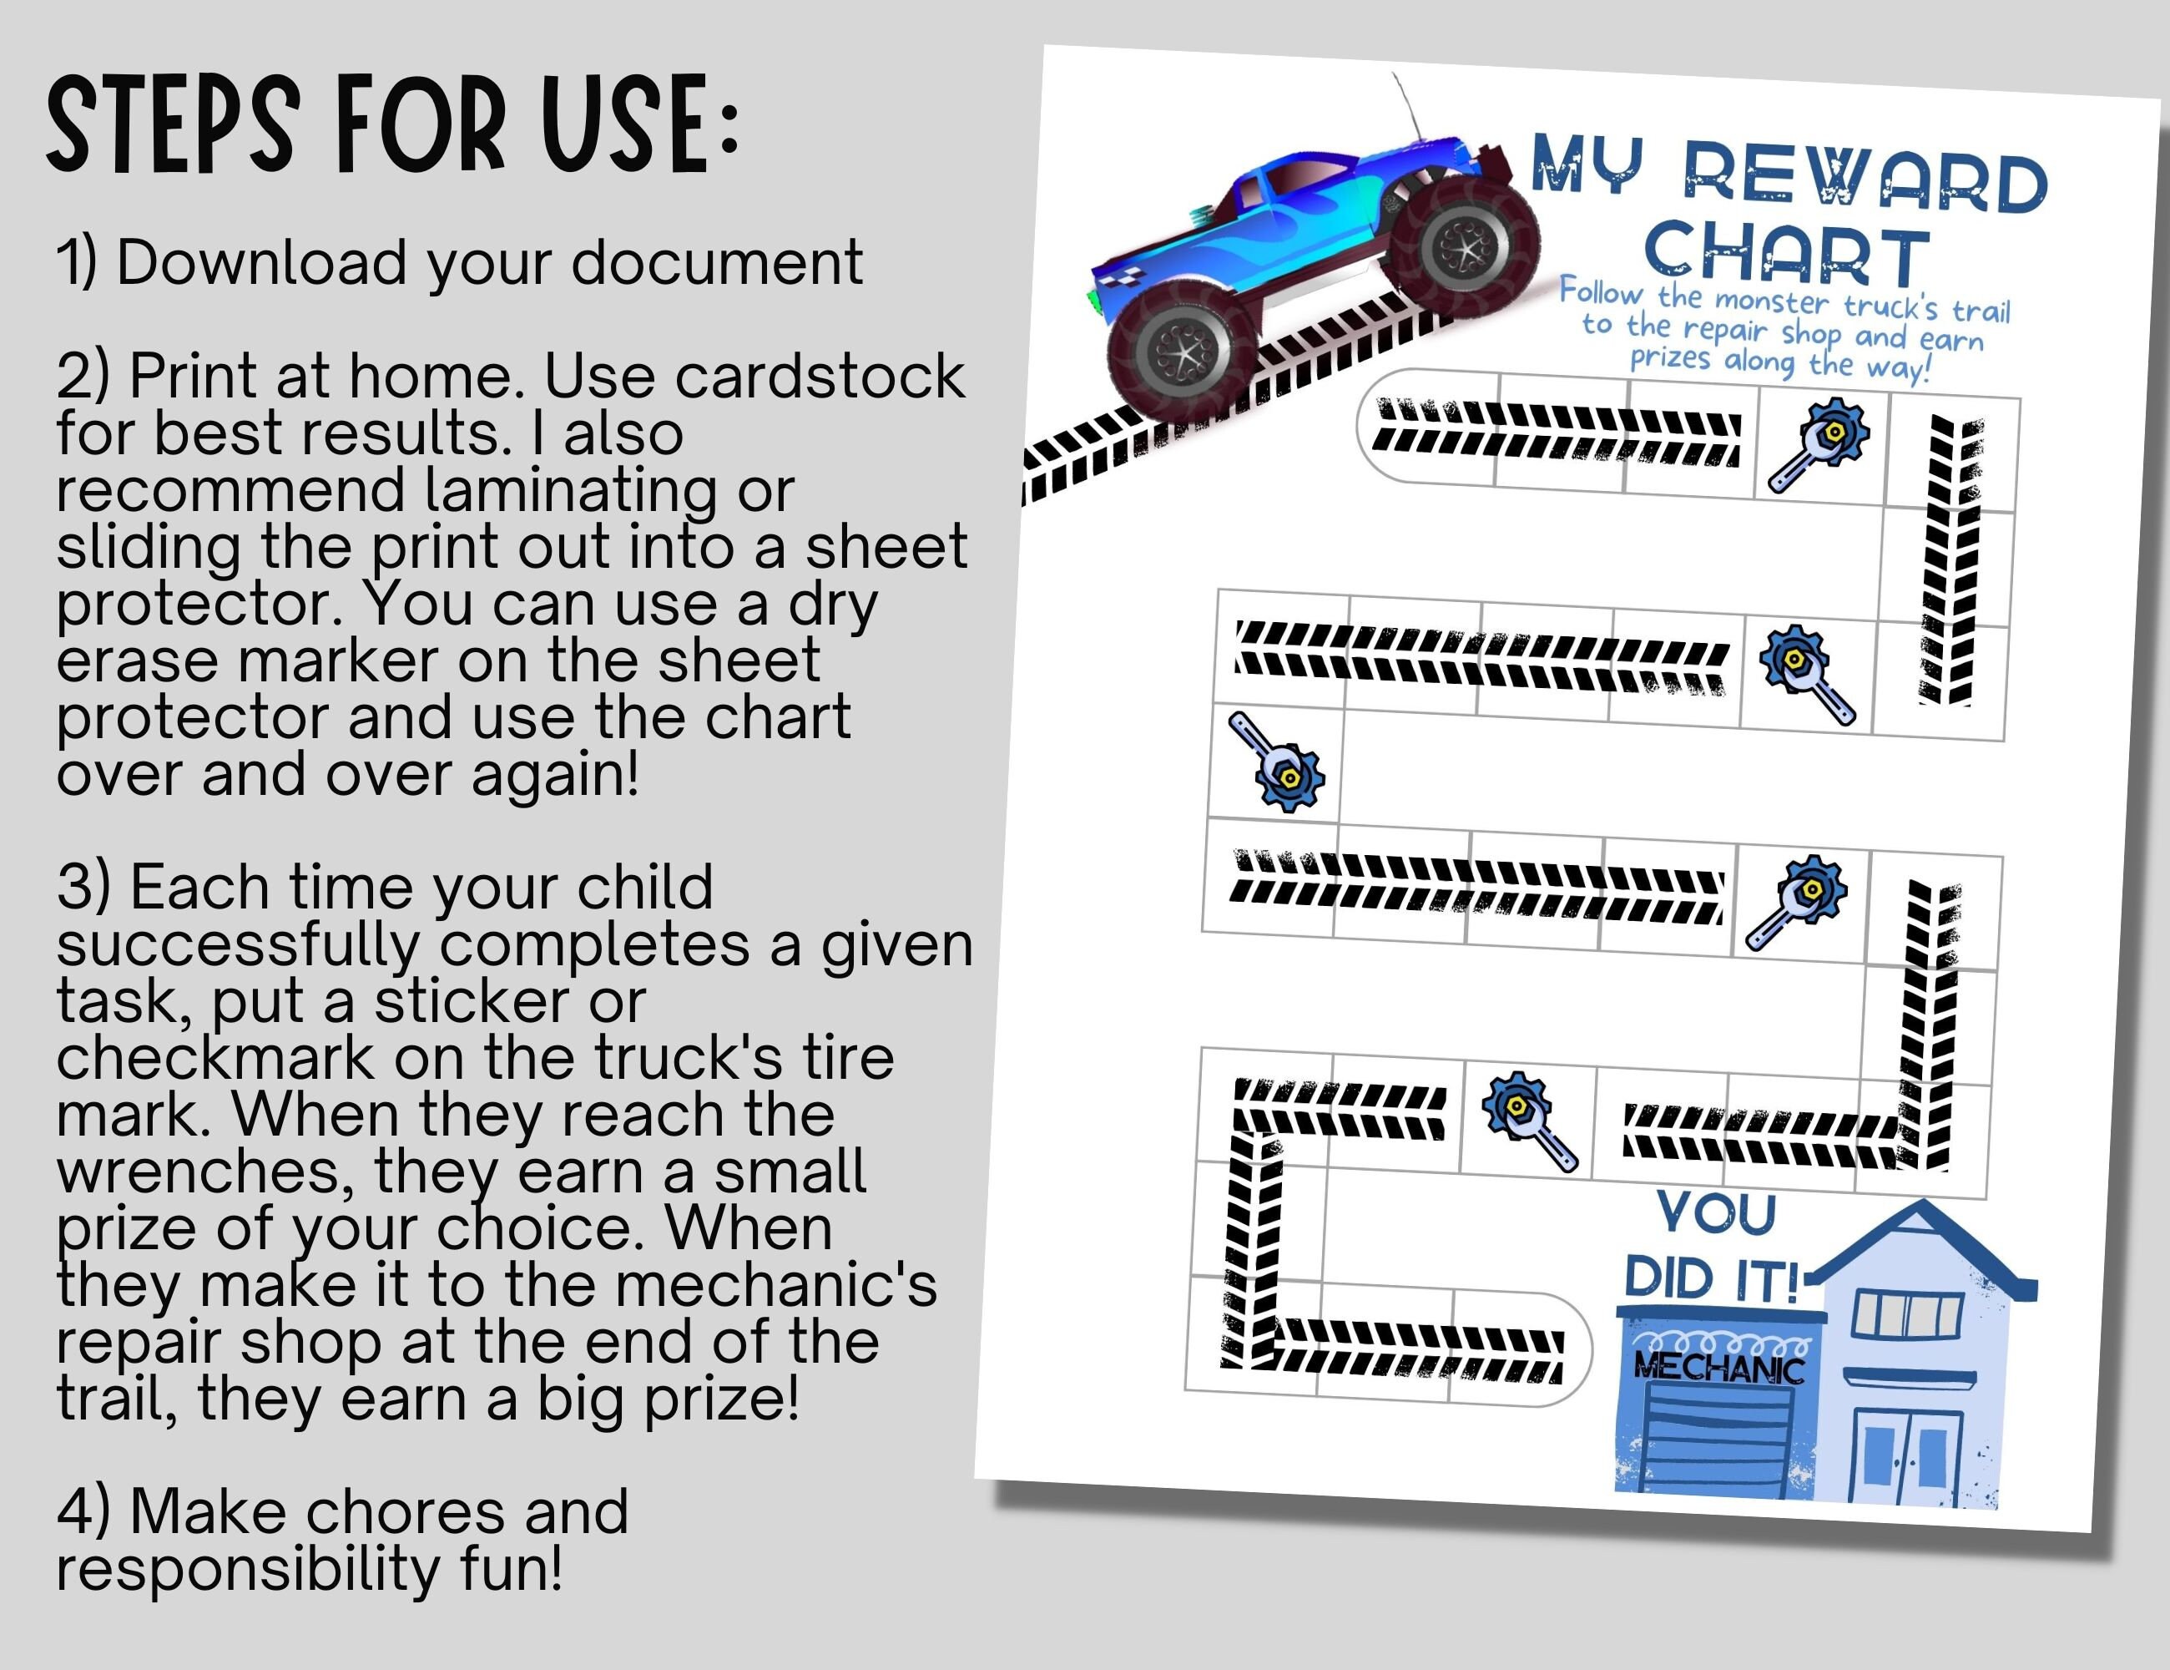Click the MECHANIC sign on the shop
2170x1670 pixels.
click(x=1719, y=1368)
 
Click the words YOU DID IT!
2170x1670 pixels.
click(x=1714, y=1247)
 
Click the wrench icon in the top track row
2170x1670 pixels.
click(x=1819, y=443)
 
